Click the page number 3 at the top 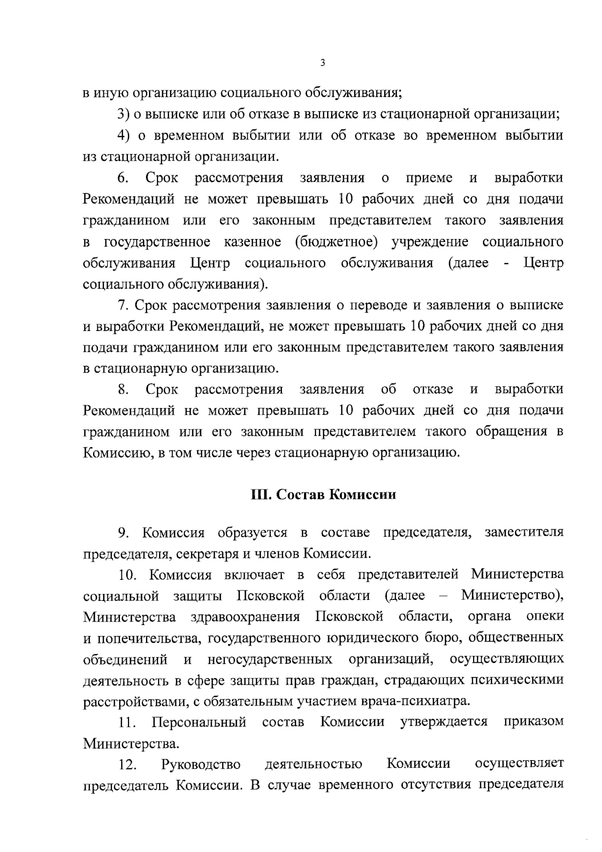[x=323, y=63]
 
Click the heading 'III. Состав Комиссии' [x=323, y=495]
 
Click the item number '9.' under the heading [x=124, y=532]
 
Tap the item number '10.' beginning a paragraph [x=128, y=574]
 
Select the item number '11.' [x=127, y=722]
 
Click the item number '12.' [x=128, y=765]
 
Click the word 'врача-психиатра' [x=414, y=701]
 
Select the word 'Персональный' [x=199, y=722]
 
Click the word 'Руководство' [x=201, y=765]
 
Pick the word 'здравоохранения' [x=245, y=617]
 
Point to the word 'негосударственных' [x=269, y=659]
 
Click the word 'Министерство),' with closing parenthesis [x=512, y=595]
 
